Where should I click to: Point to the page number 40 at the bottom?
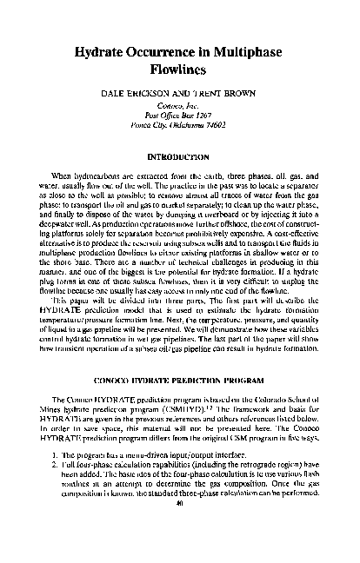click(180, 550)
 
